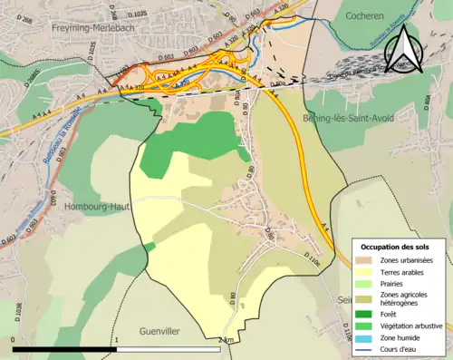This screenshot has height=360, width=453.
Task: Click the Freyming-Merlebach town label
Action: pos(68,29)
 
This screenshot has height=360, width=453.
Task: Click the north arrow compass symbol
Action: pos(401,50)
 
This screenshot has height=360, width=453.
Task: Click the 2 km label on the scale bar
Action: pos(226,340)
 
